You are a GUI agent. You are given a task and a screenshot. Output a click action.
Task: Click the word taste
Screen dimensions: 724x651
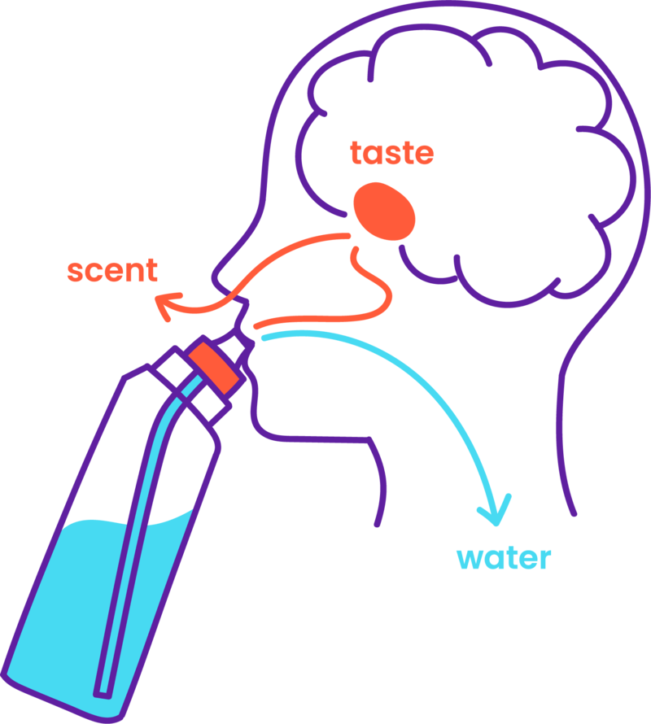pyautogui.click(x=391, y=153)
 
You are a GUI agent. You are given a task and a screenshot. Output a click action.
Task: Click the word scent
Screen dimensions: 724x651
pyautogui.click(x=112, y=270)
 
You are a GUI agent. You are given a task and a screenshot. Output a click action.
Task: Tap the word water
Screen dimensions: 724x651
pyautogui.click(x=504, y=558)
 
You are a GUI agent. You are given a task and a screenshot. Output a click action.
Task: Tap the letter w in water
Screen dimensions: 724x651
pyautogui.click(x=470, y=559)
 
